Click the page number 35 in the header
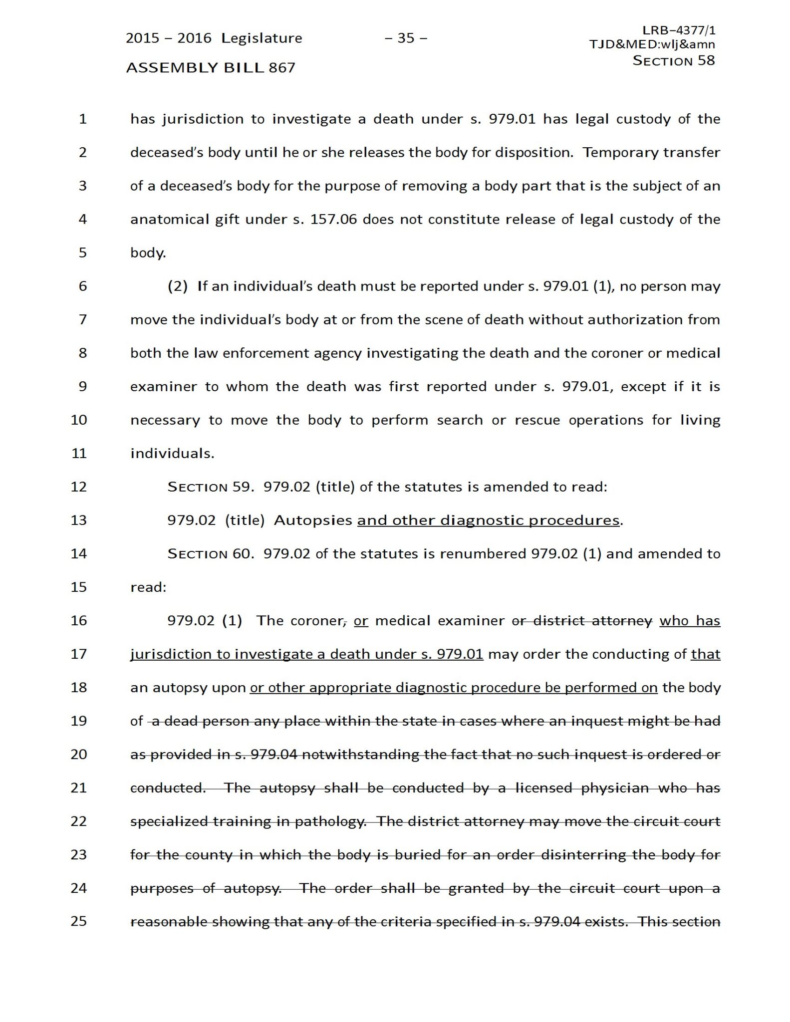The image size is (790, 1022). [x=406, y=38]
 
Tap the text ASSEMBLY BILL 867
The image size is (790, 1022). [x=211, y=67]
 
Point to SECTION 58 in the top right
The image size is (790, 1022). [x=674, y=61]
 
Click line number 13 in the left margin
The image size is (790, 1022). [x=79, y=520]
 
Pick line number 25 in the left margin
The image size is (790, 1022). [x=79, y=921]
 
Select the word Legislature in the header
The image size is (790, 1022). [x=262, y=38]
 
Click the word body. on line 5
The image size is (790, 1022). [x=148, y=253]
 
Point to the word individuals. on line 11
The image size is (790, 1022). [x=172, y=454]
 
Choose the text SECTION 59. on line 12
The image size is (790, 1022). [x=210, y=487]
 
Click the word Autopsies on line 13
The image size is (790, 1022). [x=313, y=520]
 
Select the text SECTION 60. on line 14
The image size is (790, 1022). [x=210, y=554]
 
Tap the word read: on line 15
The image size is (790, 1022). [x=148, y=587]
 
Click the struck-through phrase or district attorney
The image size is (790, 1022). [x=582, y=621]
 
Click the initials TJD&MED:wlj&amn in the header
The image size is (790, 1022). [x=652, y=44]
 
